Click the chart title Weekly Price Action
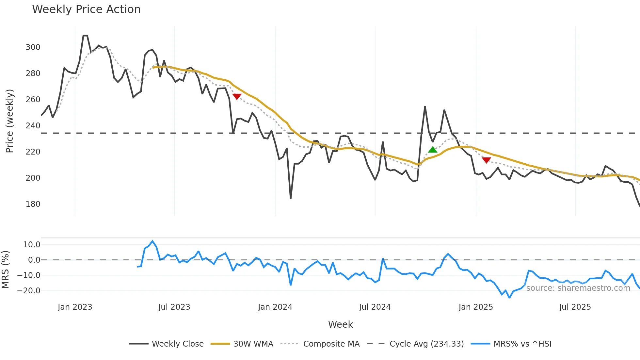86,9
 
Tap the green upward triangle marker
433,150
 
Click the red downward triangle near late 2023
237,96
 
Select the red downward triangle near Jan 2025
486,160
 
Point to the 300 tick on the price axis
33,47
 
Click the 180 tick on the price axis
33,204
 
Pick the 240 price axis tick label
33,126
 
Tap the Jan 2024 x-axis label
275,307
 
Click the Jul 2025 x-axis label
575,307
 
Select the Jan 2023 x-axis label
75,307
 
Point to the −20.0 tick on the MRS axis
29,291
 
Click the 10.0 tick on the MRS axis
32,245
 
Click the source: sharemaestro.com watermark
578,288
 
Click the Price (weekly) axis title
9,121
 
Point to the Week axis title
340,324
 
